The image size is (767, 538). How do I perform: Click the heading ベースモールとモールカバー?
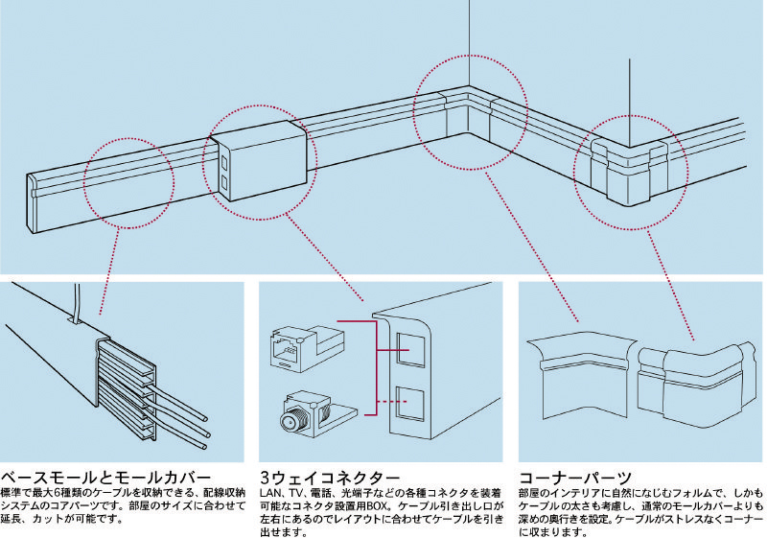[x=106, y=478]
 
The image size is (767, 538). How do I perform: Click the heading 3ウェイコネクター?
[x=330, y=478]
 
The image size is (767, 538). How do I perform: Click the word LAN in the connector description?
[x=270, y=492]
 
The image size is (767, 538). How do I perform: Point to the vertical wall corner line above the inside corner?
[x=469, y=38]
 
